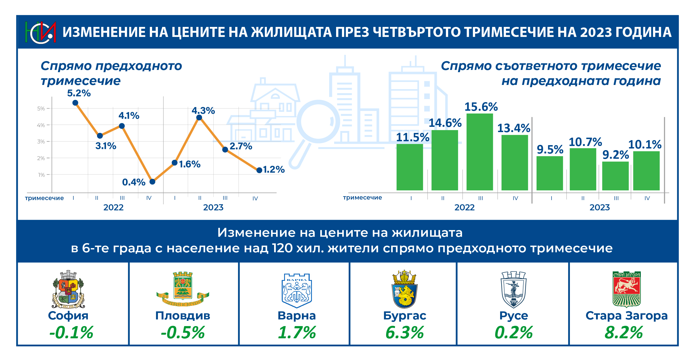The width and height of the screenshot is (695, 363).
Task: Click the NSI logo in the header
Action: pos(41,32)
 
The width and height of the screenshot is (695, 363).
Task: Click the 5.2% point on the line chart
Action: pos(75,103)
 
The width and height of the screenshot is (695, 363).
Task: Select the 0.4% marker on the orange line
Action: pos(152,182)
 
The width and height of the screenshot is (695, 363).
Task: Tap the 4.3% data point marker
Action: pos(199,118)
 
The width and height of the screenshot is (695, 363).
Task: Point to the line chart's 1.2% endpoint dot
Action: pos(259,170)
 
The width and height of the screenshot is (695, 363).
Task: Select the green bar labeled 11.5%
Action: pos(409,167)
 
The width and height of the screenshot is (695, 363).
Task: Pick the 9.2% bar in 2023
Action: pos(615,176)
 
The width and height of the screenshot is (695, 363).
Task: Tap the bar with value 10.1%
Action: pos(646,171)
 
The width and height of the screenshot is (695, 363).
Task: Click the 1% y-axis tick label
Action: pos(41,175)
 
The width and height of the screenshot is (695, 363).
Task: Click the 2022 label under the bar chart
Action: pos(464,207)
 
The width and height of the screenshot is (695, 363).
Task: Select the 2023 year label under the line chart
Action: pos(213,207)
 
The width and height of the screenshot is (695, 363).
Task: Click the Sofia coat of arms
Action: pos(68,289)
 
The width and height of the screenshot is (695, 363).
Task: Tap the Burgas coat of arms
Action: pos(404,289)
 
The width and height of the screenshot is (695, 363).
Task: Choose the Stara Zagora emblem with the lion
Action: pos(627,289)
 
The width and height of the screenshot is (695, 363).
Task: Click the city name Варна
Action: pos(297,316)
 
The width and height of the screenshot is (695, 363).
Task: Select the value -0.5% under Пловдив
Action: pos(183,332)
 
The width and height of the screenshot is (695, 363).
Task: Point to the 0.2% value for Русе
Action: pos(513,332)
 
